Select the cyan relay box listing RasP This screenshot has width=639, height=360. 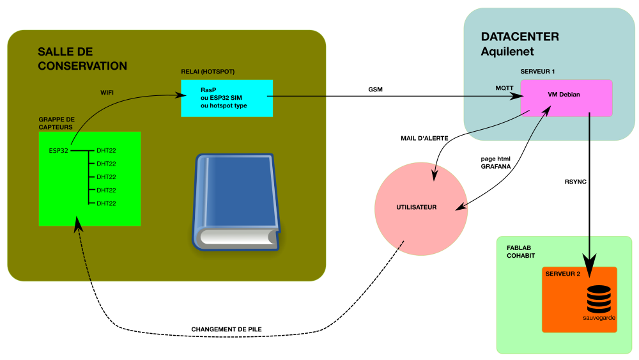point(227,98)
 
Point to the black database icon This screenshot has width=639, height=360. point(599,299)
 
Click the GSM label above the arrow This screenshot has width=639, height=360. point(376,90)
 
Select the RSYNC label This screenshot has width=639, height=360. point(575,182)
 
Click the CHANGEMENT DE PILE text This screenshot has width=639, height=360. point(226,329)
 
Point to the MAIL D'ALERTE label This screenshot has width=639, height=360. point(424,138)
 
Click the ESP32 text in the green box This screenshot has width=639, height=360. point(58,151)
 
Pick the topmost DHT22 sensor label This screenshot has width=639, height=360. point(106,151)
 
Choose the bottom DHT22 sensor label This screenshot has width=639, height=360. point(106,203)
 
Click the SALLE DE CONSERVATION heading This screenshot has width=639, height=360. point(82,59)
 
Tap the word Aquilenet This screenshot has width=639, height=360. point(507,51)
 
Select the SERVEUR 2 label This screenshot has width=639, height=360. point(563,274)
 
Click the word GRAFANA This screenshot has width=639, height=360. point(495,166)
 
